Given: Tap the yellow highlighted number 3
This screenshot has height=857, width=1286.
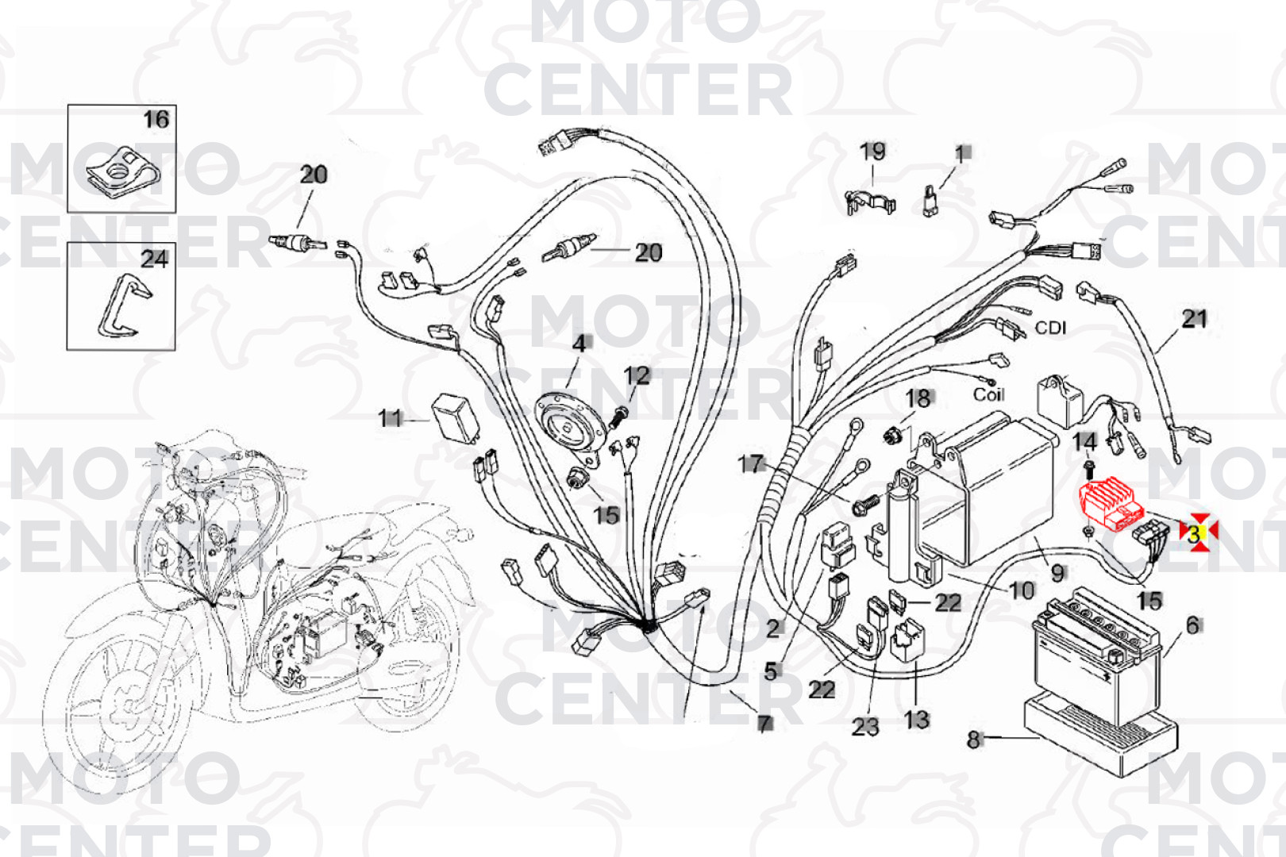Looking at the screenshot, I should click(1194, 534).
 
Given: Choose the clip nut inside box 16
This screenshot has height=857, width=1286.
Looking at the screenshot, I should click(121, 171).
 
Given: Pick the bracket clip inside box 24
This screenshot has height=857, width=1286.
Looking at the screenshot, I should click(123, 305).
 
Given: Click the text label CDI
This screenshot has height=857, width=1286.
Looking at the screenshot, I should click(1050, 328).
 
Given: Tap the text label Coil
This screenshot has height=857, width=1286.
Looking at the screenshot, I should click(988, 394).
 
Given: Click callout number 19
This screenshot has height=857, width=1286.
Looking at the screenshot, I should click(872, 152).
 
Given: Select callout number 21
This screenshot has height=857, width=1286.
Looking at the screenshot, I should click(1194, 319).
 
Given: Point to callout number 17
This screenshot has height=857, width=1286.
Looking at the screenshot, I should click(750, 463).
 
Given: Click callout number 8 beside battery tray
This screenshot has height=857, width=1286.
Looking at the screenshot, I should click(974, 740).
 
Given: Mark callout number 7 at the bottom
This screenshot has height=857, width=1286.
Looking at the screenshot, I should click(764, 723).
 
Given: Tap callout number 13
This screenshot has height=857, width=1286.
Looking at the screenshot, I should click(916, 720).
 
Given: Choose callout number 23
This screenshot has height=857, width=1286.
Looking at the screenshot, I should click(865, 726).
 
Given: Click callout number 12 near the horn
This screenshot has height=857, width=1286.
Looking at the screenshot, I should click(637, 375).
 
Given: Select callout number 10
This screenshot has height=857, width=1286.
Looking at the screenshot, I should click(1022, 590).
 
